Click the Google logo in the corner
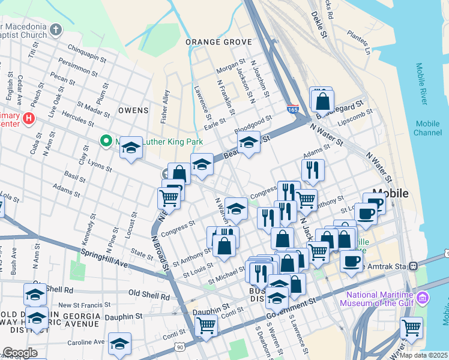click(19, 353)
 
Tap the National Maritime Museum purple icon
click(423, 298)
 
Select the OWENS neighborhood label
click(133, 110)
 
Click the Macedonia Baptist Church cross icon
click(55, 29)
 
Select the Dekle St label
click(319, 27)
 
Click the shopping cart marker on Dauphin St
click(206, 326)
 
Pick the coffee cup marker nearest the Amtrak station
click(352, 261)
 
